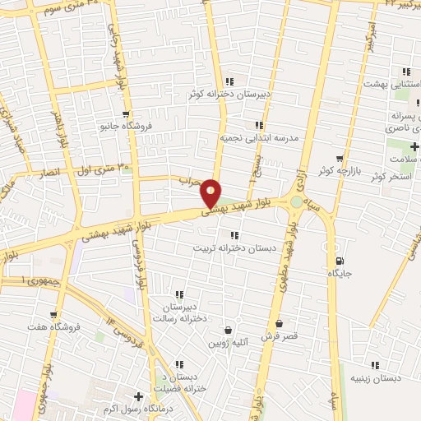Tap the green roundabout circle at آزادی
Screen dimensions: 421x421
295,201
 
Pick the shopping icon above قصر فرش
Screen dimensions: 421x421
280,323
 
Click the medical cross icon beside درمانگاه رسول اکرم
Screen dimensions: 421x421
138,396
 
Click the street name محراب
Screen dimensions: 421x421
190,183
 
